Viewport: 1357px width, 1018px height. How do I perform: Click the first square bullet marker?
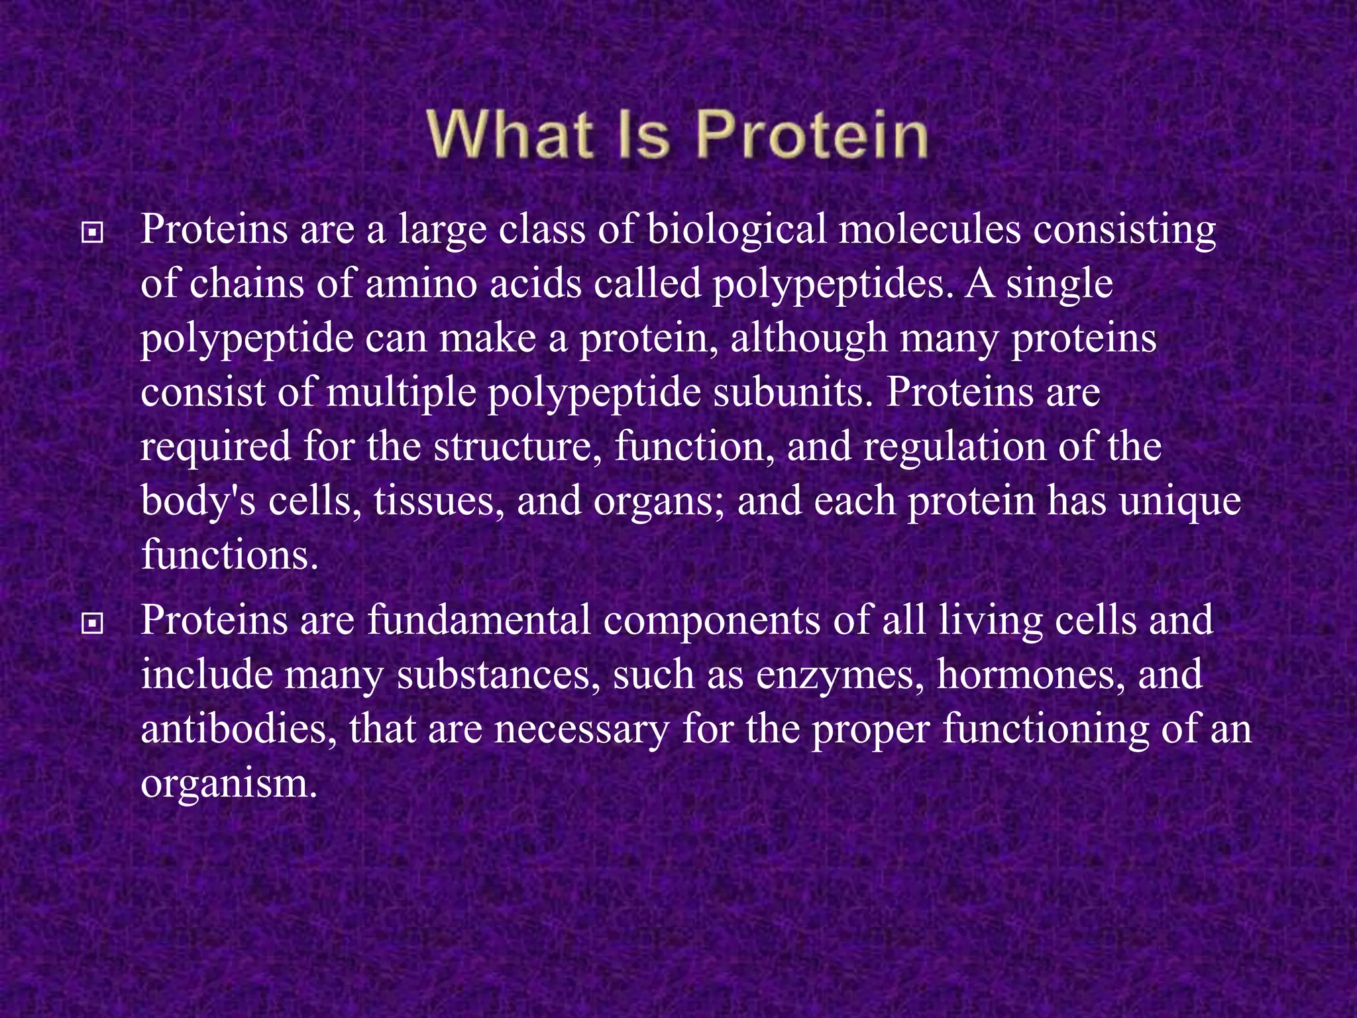92,233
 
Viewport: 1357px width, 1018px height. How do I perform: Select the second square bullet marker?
92,624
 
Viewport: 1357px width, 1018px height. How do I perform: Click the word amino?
421,284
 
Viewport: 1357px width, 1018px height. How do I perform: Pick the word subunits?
793,393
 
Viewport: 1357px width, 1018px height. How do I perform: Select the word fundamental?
478,621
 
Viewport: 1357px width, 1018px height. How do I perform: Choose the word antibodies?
239,730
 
